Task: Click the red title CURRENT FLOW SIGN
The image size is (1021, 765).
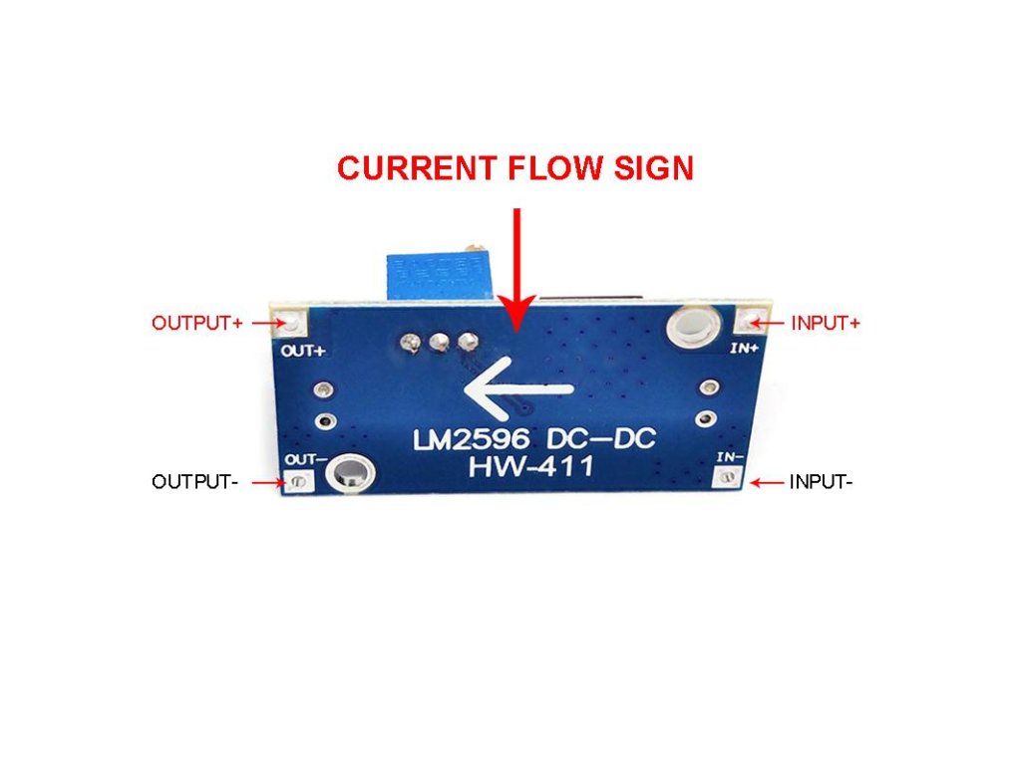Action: click(514, 167)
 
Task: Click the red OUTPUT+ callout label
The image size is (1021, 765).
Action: click(197, 323)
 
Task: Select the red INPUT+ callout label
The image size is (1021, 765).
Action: click(825, 323)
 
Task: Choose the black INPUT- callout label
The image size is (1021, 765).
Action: click(821, 482)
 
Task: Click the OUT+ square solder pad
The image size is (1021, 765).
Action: click(291, 323)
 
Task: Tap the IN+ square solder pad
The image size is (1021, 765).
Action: click(750, 321)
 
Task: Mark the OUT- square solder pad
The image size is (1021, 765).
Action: click(298, 482)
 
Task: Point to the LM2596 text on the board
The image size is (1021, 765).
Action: click(469, 439)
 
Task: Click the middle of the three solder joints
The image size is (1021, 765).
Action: click(436, 344)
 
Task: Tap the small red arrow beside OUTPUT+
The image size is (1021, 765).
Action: click(264, 323)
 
